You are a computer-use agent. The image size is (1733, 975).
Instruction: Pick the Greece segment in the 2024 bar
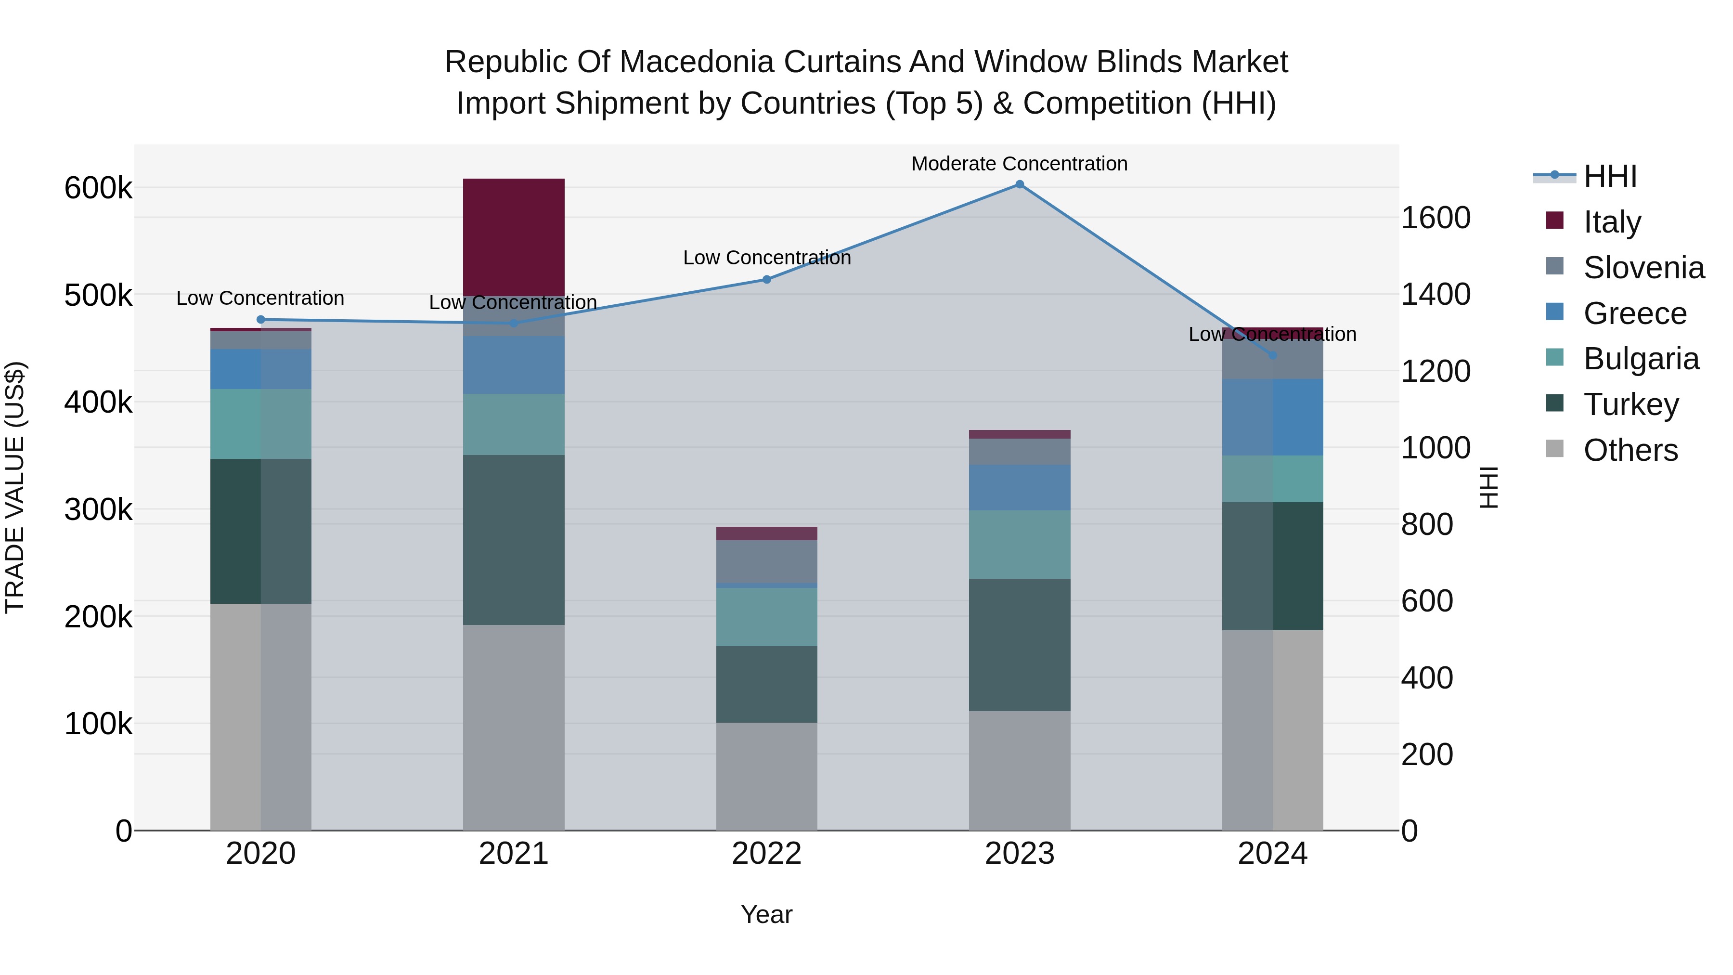[1272, 416]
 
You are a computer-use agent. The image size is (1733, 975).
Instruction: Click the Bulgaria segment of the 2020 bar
[260, 423]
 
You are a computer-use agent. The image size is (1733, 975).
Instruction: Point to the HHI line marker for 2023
[1019, 184]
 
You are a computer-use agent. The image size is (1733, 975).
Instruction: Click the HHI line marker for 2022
[766, 279]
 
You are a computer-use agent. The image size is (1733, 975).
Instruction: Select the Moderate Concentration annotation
[1019, 164]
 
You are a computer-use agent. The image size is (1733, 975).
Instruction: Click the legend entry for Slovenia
[1643, 268]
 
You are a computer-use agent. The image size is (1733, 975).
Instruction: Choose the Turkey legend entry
[1631, 404]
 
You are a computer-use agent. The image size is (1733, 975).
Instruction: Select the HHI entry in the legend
[1609, 176]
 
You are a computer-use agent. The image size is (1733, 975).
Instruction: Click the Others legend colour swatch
[1555, 449]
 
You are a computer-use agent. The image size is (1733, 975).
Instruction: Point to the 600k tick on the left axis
[98, 188]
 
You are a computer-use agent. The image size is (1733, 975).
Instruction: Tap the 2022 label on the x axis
[766, 854]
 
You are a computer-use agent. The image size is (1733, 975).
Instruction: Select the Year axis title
[766, 914]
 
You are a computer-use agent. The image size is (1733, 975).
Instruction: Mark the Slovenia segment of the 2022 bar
[766, 561]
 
